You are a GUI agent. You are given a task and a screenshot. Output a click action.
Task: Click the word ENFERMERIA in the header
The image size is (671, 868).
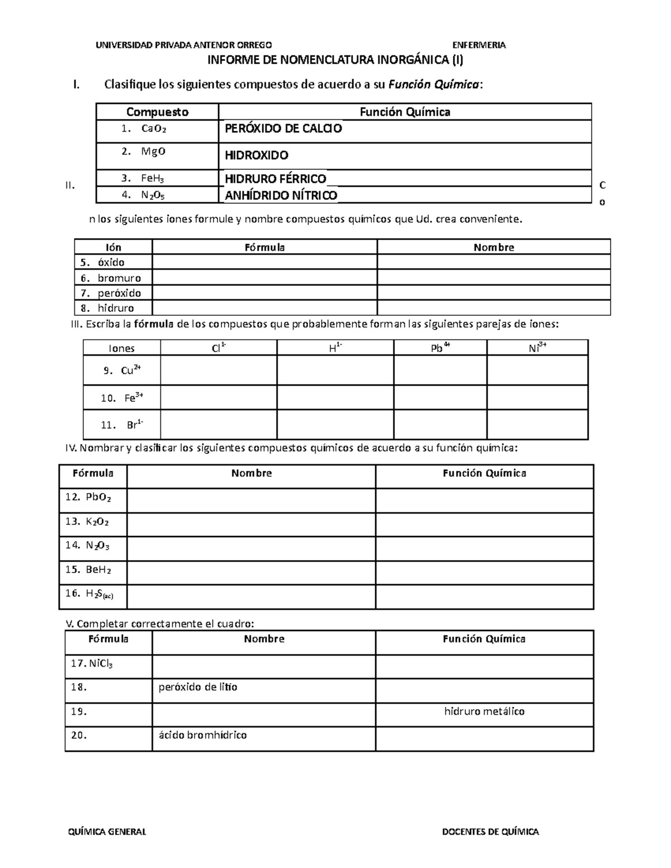coord(479,45)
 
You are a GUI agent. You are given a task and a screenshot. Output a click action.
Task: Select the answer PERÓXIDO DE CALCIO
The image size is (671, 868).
coord(283,129)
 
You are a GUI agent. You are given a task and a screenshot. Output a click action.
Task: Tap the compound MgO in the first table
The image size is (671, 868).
coord(153,151)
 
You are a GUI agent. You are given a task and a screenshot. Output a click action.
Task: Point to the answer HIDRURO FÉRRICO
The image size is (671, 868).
coord(275,179)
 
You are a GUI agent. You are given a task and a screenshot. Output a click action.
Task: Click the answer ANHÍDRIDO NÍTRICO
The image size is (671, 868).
coord(281,195)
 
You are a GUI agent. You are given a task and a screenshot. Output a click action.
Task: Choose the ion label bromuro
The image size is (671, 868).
coord(119,278)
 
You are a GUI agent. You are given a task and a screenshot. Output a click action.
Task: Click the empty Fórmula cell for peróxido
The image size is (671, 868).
coord(264,293)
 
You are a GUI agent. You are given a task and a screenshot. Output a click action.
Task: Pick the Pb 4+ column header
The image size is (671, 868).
coord(440,348)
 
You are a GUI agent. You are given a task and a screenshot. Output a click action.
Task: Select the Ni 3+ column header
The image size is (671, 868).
coord(537,348)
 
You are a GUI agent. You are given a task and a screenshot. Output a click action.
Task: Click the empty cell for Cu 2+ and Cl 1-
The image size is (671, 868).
coord(219,370)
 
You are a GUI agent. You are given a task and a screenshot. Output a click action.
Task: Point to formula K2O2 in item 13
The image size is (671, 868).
coord(97,521)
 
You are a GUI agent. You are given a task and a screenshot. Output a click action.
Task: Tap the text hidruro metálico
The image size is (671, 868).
coord(484,711)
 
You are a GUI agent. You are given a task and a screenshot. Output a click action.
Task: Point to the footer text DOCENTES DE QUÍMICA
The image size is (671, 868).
coord(490,832)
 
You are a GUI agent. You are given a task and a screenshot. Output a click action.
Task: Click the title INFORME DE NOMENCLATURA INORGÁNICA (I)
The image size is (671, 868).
coord(335,60)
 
